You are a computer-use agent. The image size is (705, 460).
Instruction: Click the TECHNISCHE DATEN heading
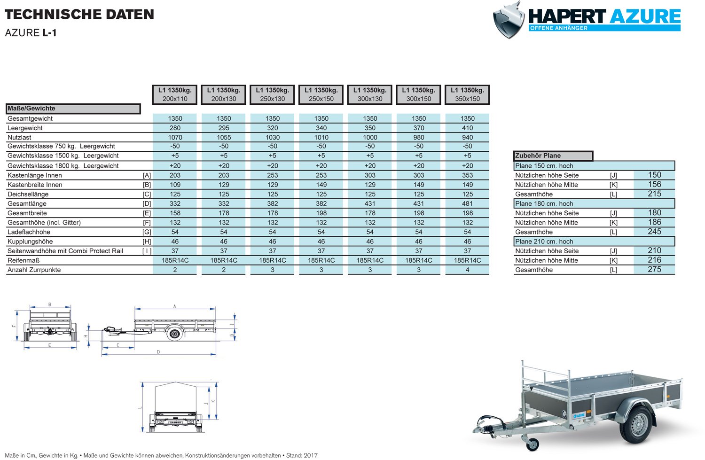tap(79, 15)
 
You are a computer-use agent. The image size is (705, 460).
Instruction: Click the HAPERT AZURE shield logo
tap(509, 20)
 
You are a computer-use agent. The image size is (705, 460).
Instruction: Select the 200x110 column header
tap(175, 94)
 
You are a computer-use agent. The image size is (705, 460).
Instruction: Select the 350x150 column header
tap(467, 94)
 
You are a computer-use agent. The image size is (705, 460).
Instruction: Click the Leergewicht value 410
tap(467, 128)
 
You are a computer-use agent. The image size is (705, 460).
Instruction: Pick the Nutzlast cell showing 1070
tap(175, 137)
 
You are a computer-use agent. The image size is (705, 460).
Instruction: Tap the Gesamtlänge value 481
tap(467, 203)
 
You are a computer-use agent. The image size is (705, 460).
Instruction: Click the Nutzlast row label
tap(19, 137)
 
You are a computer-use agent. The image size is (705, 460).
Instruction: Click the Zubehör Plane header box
tap(553, 156)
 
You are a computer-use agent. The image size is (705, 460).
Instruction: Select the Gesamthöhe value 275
tap(654, 270)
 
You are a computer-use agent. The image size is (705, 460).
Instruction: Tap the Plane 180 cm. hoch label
tap(544, 203)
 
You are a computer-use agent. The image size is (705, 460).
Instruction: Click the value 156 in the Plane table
tap(654, 185)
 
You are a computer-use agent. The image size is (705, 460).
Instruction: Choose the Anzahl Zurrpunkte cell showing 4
tap(467, 270)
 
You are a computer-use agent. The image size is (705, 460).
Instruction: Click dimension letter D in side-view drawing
tap(158, 352)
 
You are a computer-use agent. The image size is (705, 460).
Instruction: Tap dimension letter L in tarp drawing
tap(140, 407)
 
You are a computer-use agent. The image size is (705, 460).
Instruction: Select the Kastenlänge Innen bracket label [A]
tap(147, 175)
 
